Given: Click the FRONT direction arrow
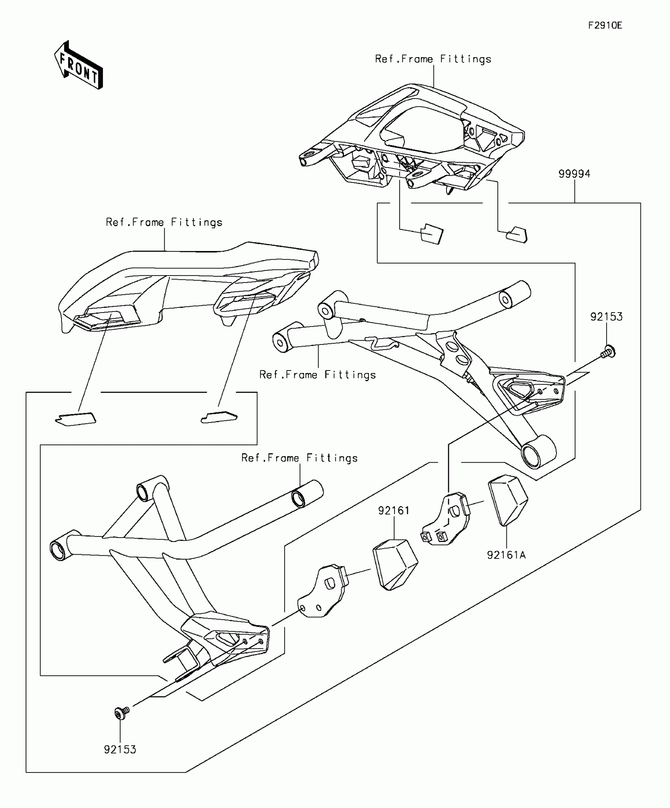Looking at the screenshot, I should pos(79,65).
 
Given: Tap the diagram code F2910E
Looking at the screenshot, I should pos(605,26).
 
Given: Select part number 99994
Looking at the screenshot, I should pos(574,174).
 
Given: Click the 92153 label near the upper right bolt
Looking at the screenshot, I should pos(606,316).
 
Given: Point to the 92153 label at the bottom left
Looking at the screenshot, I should pos(120,749).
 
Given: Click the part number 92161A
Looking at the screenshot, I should pos(506,555).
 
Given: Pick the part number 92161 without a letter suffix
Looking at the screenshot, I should pos(394,510).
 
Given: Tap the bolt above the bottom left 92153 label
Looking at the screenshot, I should pos(121,712).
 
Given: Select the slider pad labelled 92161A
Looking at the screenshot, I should pos(508,501).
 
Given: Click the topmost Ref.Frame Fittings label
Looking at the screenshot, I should pos(433,59).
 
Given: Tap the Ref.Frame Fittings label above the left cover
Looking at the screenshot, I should pos(164,222).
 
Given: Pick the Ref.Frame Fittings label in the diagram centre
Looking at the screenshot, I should pos(317,374).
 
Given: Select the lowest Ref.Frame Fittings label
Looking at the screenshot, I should pos(300,458).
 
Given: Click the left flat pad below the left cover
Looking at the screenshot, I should pos(76,419).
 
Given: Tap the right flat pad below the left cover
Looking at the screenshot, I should pos(219,417).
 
